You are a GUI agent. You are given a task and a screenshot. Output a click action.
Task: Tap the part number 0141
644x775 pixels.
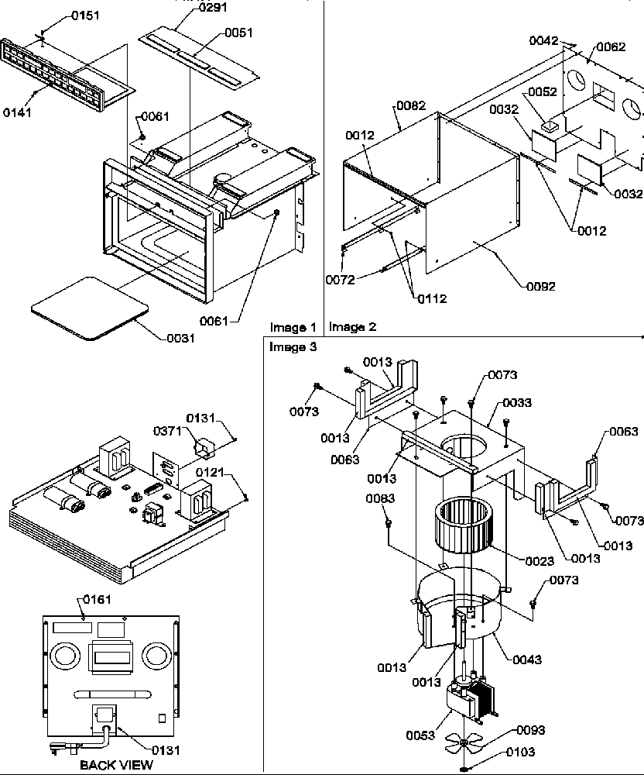click(19, 112)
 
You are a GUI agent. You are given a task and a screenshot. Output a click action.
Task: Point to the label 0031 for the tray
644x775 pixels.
click(180, 338)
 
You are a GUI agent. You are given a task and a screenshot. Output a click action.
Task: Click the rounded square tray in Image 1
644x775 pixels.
click(90, 307)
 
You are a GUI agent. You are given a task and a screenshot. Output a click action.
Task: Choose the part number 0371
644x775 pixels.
click(167, 431)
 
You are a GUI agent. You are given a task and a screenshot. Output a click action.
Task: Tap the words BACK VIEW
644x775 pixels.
click(116, 765)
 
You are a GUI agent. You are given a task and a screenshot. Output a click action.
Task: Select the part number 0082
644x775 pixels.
click(411, 105)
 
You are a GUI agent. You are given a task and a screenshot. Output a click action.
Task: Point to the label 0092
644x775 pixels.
click(540, 286)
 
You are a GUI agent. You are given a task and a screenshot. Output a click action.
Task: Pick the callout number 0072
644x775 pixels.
click(340, 280)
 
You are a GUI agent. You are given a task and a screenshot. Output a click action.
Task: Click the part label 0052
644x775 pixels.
click(542, 92)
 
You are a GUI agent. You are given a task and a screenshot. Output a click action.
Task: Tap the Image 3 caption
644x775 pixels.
click(293, 347)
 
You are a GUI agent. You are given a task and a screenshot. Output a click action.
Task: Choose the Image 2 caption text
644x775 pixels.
click(352, 327)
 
